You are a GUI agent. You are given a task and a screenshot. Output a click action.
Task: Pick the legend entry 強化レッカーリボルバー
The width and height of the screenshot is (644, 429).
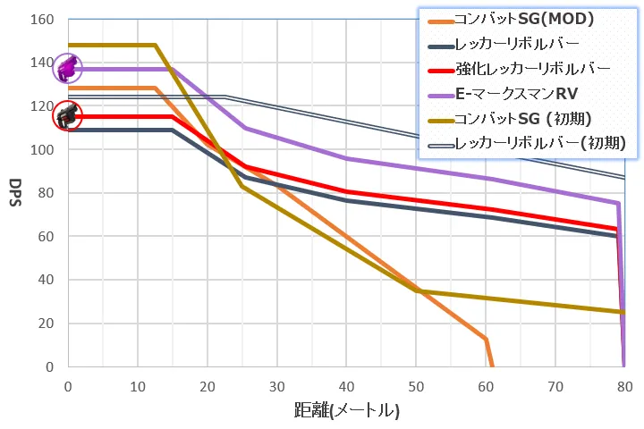[532, 68]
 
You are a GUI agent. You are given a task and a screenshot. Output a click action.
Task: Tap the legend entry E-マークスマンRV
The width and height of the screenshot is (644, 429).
[517, 93]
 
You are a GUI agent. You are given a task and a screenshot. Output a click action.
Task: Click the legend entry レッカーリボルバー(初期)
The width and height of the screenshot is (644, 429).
[539, 143]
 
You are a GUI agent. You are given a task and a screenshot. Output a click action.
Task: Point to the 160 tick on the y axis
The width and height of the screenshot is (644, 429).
[42, 19]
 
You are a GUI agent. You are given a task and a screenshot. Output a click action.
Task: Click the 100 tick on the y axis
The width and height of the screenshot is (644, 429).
[42, 149]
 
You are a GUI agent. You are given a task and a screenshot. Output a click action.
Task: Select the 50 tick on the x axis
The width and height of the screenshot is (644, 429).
[416, 386]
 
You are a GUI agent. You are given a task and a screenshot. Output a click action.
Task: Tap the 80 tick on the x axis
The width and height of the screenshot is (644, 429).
[624, 386]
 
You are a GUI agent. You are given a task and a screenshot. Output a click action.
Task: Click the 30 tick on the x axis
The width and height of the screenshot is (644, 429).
[276, 386]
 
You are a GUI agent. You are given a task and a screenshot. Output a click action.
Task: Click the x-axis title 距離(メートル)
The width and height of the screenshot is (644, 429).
[346, 411]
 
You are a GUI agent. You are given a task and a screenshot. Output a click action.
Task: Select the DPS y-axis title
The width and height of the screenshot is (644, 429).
[14, 193]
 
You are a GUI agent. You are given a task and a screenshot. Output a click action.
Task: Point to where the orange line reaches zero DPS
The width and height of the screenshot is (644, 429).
[492, 366]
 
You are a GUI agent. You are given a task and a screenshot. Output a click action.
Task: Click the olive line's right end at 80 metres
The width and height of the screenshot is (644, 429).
[623, 312]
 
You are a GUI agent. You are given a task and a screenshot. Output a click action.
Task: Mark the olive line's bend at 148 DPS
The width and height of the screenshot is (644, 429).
[156, 45]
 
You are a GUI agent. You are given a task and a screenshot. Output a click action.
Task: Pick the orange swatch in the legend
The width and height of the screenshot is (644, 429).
[438, 18]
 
